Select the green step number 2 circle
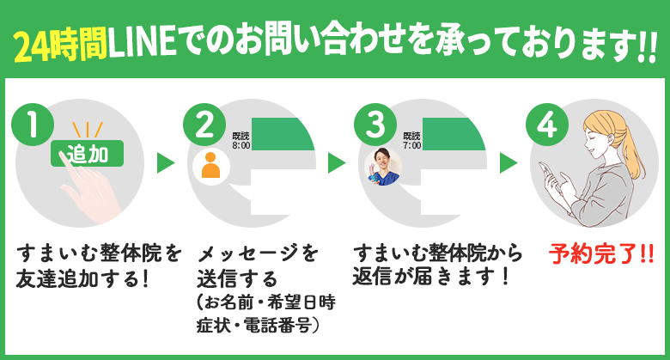(x=204, y=125)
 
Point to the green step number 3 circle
(x=375, y=125)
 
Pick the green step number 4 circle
(x=545, y=125)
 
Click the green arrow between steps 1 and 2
(x=166, y=163)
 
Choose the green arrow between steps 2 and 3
(x=337, y=163)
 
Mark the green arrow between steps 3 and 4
(x=509, y=163)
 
